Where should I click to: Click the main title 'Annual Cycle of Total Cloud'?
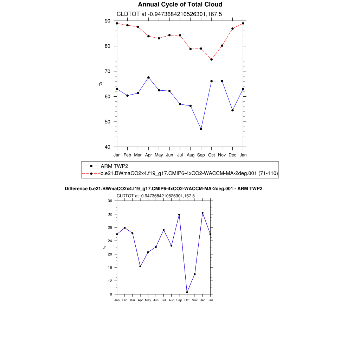pos(180,5)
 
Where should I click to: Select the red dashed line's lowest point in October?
pos(211,59)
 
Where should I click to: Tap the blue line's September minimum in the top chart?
pos(201,129)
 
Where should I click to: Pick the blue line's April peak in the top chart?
pos(148,77)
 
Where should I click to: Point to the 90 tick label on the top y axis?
pos(108,21)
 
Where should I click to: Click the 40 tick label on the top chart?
pos(108,147)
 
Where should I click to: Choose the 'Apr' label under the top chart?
pos(148,155)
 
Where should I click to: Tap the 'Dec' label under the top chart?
pos(232,155)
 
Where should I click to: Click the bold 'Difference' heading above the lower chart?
pos(163,189)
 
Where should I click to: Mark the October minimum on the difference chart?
pos(187,292)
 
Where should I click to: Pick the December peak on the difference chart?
pos(202,213)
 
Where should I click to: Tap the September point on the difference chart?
pos(179,214)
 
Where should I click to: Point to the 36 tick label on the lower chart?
pos(110,201)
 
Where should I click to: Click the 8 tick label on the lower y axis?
pos(111,294)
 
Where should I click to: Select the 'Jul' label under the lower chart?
pos(163,300)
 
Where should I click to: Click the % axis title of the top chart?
pos(100,84)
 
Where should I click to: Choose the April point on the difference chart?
pos(140,266)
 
